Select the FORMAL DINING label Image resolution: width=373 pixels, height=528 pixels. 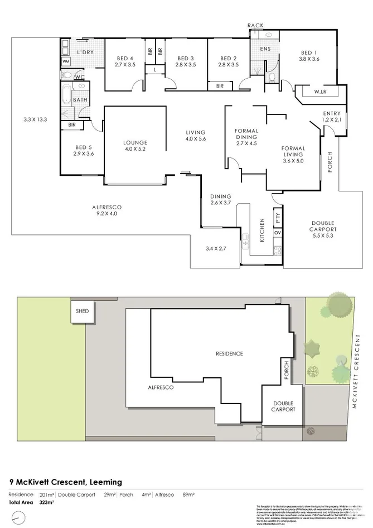coord(246,133)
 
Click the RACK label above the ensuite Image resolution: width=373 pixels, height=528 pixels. coord(255,25)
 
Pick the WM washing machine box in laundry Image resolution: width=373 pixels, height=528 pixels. coord(66,61)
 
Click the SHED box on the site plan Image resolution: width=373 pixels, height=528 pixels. coord(79,311)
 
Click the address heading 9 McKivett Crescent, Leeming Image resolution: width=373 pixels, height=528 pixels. coord(65,482)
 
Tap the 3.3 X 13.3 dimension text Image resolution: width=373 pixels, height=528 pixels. coord(35,119)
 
